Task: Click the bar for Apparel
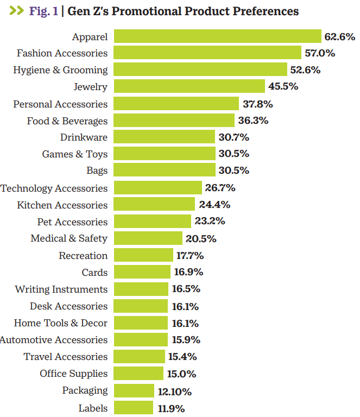[x=217, y=36]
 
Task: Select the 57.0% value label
[x=320, y=53]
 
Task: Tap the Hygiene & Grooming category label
[x=60, y=70]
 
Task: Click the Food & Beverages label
[x=67, y=121]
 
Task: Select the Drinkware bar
[x=165, y=137]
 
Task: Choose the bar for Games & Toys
[x=165, y=154]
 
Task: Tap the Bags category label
[x=97, y=170]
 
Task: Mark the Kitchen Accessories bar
[x=154, y=204]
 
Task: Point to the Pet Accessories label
[x=72, y=222]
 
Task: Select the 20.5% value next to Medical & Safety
[x=201, y=238]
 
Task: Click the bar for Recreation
[x=144, y=255]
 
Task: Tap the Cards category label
[x=94, y=272]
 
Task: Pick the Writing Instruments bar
[x=141, y=289]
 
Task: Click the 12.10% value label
[x=174, y=391]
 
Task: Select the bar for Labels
[x=134, y=408]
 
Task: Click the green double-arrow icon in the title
[x=16, y=11]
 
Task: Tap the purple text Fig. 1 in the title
[x=43, y=11]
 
